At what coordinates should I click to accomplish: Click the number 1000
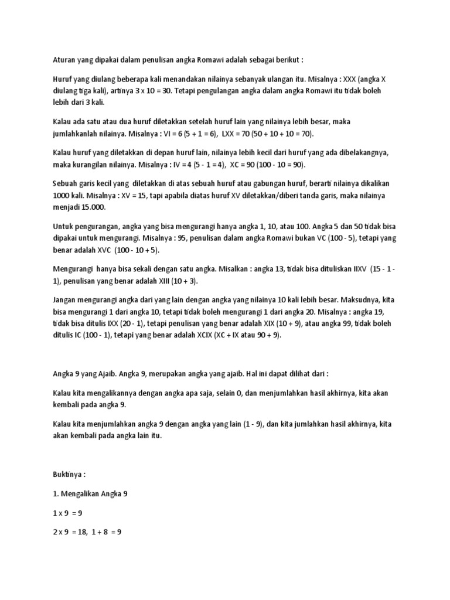tap(61, 195)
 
